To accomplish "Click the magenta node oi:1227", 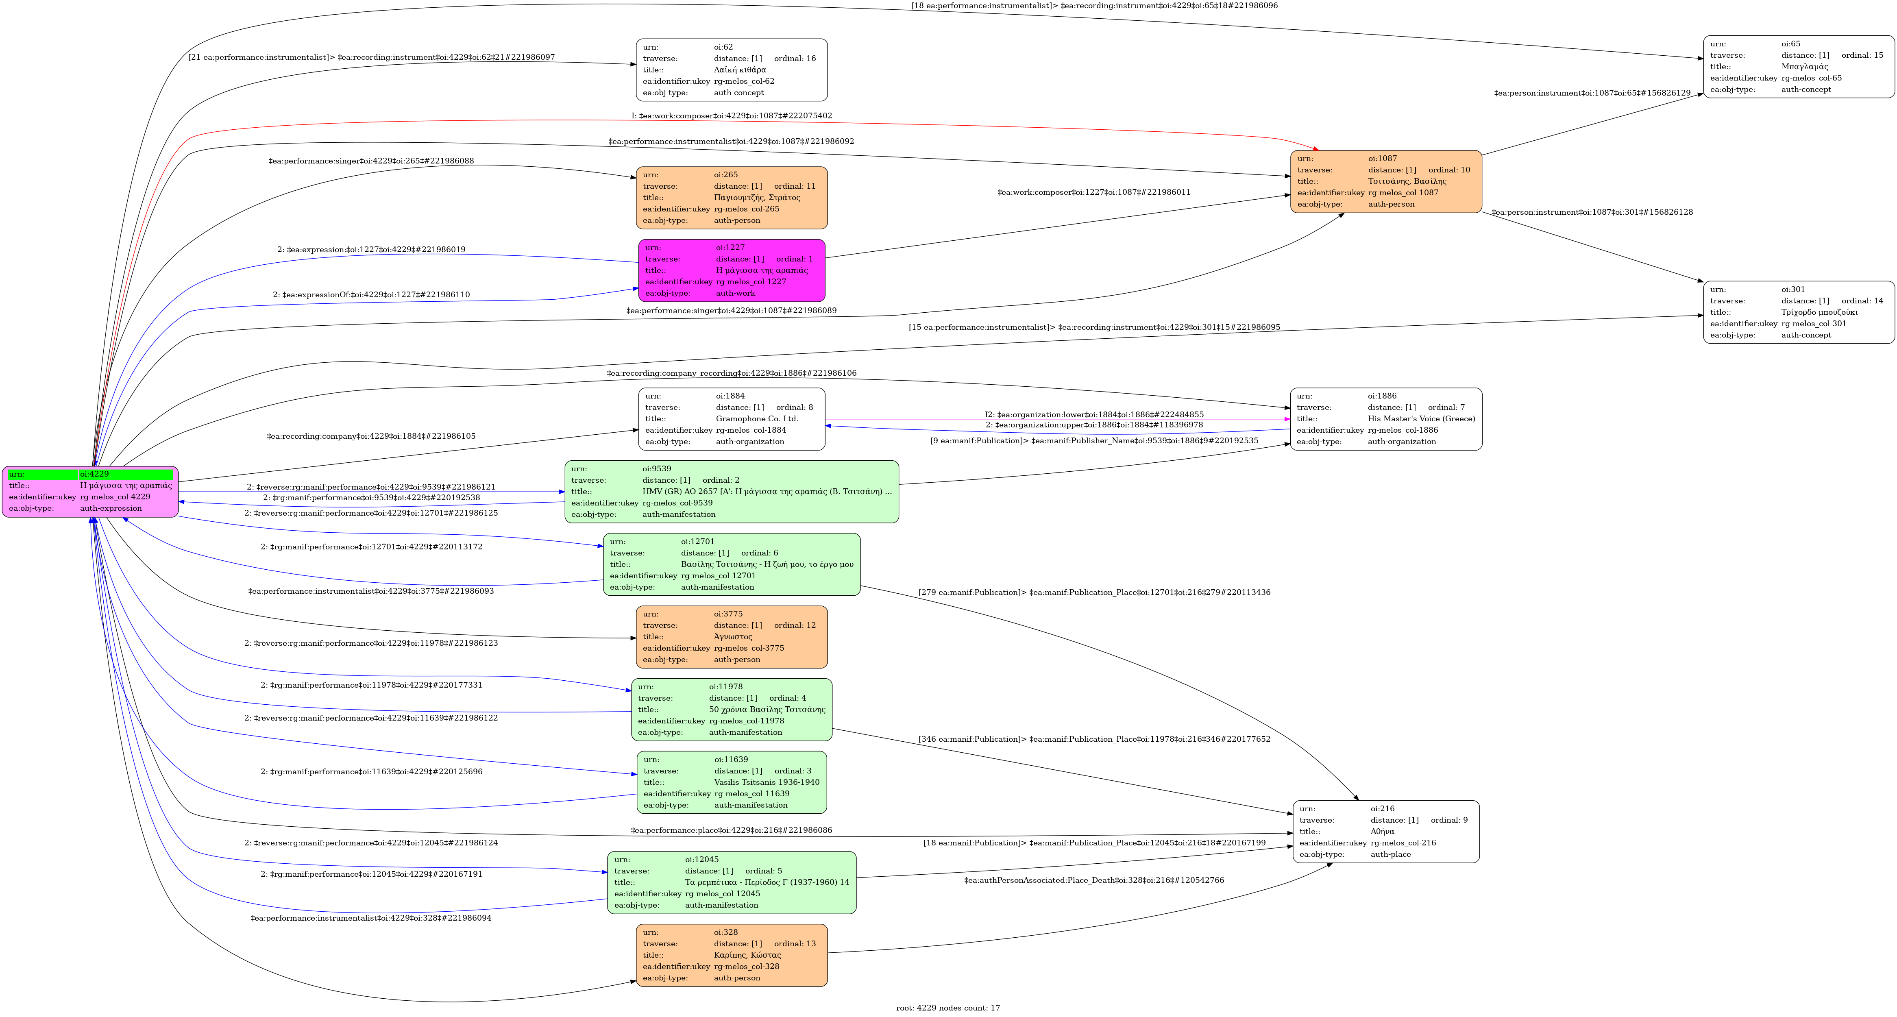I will click(731, 270).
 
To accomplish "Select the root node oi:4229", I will click(90, 491).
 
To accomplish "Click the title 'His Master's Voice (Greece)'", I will click(1421, 419).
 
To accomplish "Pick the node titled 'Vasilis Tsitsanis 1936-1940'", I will click(766, 782).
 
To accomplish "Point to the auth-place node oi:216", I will click(1386, 832).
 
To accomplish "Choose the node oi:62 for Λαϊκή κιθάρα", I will click(731, 70).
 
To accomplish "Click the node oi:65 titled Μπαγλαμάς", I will click(1798, 66).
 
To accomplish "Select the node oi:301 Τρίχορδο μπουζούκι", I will click(1798, 312).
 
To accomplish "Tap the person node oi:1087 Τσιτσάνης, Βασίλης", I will click(1385, 181).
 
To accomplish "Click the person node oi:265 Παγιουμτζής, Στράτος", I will click(731, 197).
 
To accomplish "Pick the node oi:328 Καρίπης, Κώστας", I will click(731, 955).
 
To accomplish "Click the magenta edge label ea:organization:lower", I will click(1093, 415).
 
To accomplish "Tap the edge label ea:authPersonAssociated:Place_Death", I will click(1093, 880).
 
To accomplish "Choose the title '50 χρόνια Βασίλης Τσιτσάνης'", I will click(767, 709).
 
